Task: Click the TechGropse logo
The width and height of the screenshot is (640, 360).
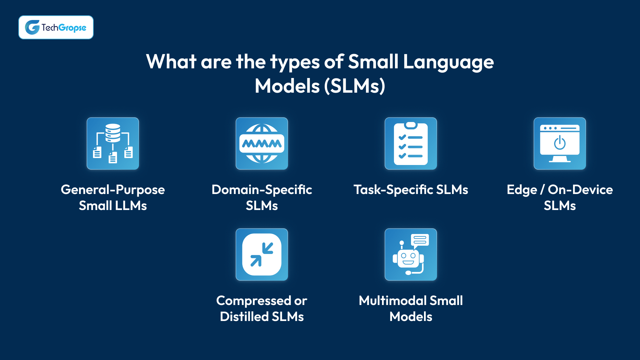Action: [56, 27]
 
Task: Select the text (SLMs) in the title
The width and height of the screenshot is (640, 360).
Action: [355, 86]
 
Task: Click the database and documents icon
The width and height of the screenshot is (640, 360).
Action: [113, 143]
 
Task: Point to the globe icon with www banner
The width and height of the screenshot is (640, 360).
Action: [262, 143]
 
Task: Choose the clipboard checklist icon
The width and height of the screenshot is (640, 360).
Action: [411, 143]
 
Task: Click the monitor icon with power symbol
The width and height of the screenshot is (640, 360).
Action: [560, 143]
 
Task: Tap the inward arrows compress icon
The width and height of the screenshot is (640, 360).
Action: [262, 254]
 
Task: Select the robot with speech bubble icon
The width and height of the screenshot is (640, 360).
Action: [411, 254]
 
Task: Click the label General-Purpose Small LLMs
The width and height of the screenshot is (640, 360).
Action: [113, 198]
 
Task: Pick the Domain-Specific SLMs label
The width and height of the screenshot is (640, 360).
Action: [262, 198]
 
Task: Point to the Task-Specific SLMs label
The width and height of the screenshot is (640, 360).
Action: [411, 190]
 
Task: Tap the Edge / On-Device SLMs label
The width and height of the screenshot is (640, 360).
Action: [560, 198]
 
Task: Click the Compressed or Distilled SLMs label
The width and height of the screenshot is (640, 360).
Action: [262, 309]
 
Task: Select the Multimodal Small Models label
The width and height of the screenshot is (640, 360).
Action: [411, 309]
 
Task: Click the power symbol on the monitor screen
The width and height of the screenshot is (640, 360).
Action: [560, 143]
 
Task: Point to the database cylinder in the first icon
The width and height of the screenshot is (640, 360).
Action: [113, 133]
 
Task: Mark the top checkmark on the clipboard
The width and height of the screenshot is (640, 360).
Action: [402, 137]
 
